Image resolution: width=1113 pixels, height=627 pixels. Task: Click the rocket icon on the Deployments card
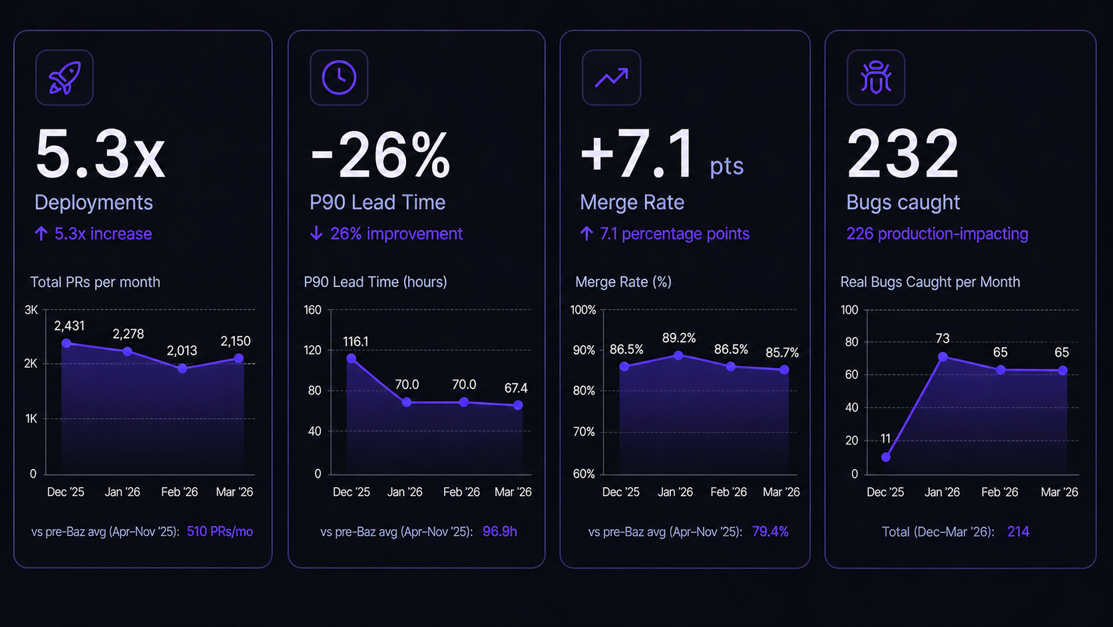pyautogui.click(x=65, y=77)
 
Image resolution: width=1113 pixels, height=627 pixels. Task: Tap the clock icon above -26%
pyautogui.click(x=339, y=77)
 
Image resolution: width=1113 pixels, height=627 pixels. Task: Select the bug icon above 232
pyautogui.click(x=876, y=77)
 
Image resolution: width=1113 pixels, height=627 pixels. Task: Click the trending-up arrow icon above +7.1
pyautogui.click(x=612, y=77)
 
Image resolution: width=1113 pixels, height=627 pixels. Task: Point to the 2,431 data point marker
pyautogui.click(x=67, y=344)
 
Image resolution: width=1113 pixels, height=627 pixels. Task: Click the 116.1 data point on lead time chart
pyautogui.click(x=351, y=358)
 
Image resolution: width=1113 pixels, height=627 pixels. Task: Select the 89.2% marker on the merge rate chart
pyautogui.click(x=678, y=356)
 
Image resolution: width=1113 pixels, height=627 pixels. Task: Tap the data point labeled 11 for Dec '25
pyautogui.click(x=886, y=457)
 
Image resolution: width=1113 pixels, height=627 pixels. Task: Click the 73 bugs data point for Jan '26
pyautogui.click(x=943, y=357)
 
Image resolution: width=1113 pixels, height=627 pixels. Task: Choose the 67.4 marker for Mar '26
pyautogui.click(x=518, y=405)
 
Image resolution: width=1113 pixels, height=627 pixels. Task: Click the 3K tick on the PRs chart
pyautogui.click(x=31, y=310)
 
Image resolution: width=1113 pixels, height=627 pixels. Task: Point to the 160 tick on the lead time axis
pyautogui.click(x=313, y=310)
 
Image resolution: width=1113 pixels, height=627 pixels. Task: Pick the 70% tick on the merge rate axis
pyautogui.click(x=584, y=432)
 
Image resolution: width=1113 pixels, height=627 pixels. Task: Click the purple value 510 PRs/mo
pyautogui.click(x=220, y=532)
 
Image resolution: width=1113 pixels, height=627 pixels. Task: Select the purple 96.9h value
pyautogui.click(x=500, y=532)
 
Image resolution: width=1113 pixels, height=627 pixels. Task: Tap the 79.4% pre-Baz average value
pyautogui.click(x=770, y=532)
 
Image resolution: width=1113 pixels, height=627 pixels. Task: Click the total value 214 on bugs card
pyautogui.click(x=1018, y=532)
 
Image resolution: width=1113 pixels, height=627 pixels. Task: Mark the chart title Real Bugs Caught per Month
pyautogui.click(x=930, y=282)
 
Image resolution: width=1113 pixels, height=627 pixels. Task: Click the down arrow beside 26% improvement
pyautogui.click(x=316, y=233)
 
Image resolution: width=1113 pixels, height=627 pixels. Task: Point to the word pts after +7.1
pyautogui.click(x=726, y=166)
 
